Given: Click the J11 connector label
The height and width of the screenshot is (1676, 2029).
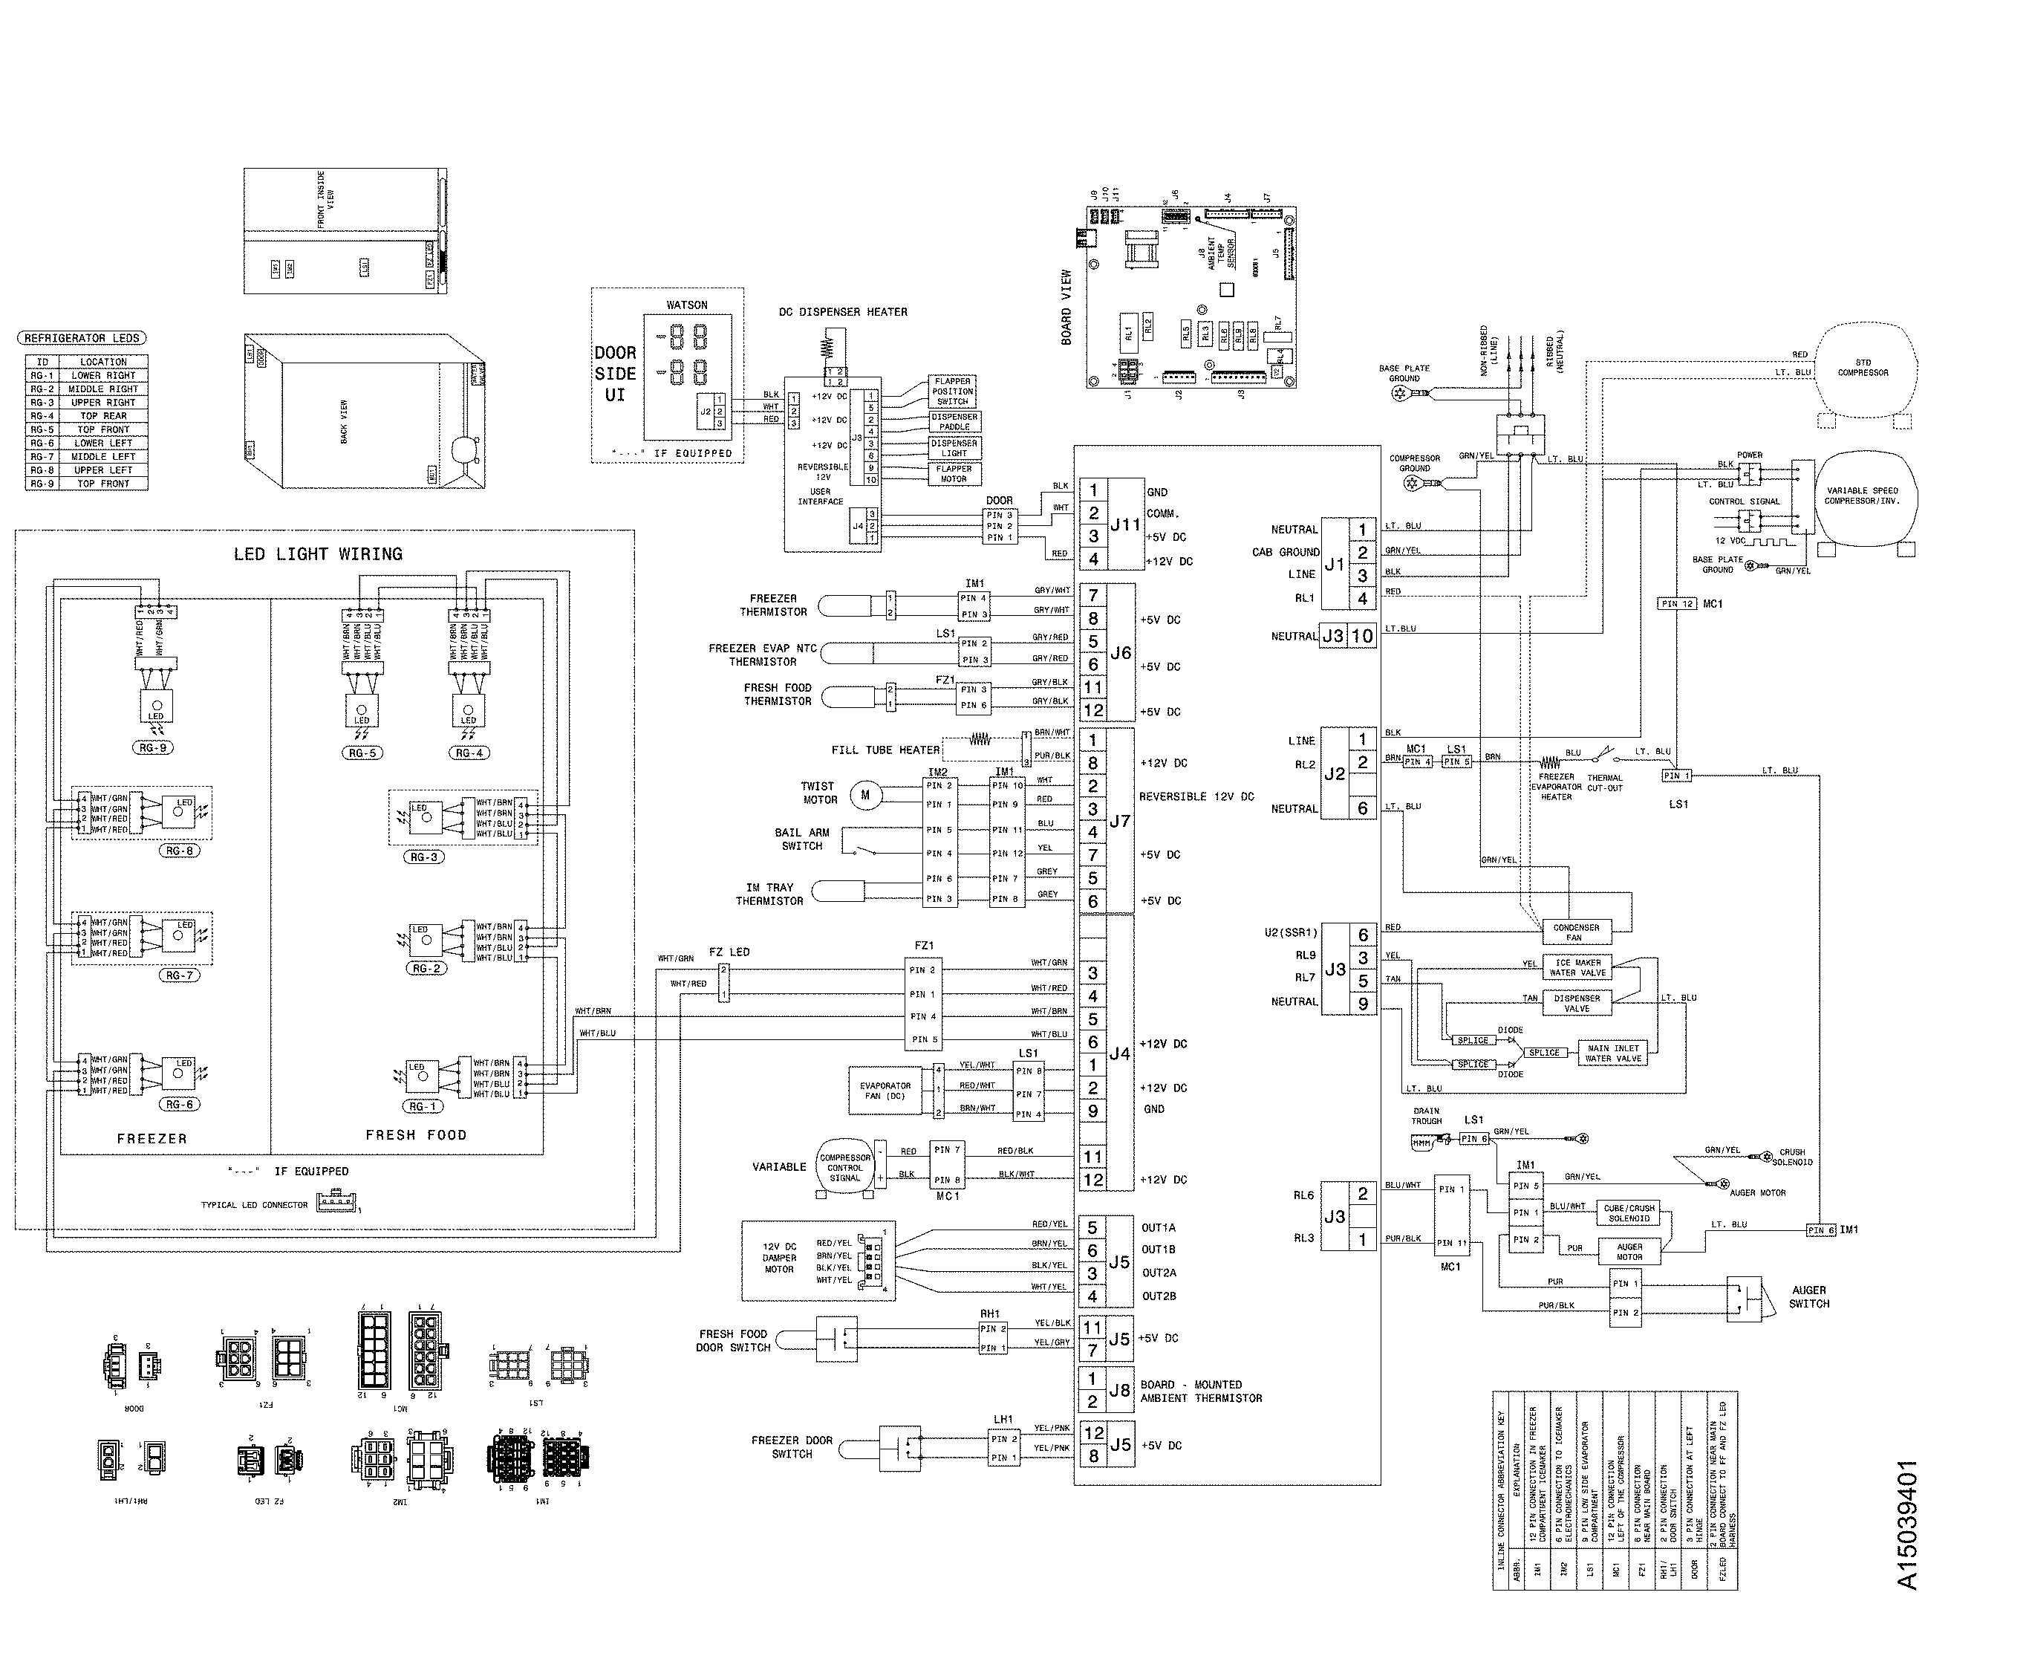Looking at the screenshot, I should point(1125,524).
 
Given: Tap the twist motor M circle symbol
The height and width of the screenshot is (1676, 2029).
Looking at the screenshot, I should point(865,795).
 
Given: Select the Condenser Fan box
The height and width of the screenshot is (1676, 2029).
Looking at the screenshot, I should point(1575,932).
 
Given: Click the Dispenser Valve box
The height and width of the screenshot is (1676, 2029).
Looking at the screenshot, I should point(1576,1003).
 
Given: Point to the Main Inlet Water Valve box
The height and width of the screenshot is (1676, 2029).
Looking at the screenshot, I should point(1612,1053).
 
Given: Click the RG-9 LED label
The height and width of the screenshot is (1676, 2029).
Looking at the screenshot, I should point(152,748).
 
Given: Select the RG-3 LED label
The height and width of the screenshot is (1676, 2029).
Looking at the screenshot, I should point(424,857).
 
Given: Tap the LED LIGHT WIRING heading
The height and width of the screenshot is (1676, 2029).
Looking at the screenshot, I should point(318,554).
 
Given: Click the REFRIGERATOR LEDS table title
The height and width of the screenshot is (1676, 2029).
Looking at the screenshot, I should point(82,338).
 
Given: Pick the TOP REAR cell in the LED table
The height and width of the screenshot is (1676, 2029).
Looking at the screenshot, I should point(102,416).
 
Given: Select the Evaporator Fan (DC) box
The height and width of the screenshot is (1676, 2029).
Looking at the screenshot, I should point(885,1090).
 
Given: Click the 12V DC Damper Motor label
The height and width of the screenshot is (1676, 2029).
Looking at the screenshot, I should point(779,1258).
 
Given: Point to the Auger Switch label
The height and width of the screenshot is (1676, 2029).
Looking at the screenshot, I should point(1808,1296).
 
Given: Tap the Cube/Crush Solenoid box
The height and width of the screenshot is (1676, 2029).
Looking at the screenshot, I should point(1629,1212).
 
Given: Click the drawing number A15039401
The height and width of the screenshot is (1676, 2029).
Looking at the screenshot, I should point(1906,1524).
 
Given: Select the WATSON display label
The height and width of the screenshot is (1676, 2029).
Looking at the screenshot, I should point(686,305).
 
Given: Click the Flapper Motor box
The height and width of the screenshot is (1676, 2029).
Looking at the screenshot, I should point(953,473).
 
